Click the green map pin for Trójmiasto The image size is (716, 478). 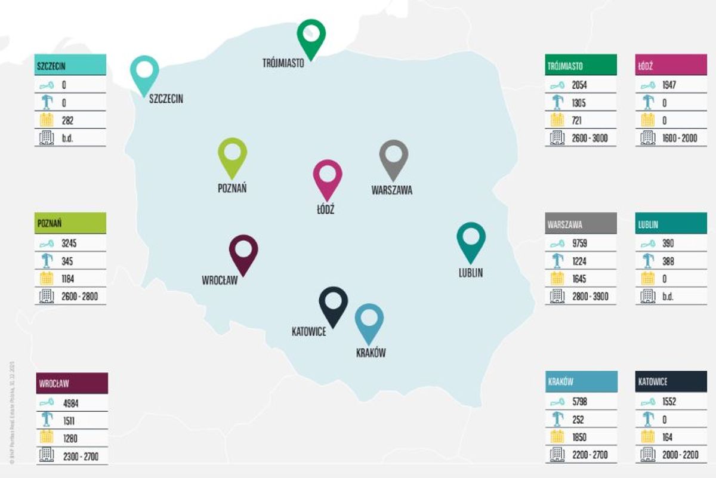coord(311,36)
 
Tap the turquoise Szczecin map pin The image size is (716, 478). coord(144,72)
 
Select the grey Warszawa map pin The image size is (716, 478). coord(393,157)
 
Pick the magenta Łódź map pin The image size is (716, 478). coord(328,176)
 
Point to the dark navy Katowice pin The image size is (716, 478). coord(333,303)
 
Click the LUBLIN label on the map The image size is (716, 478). coord(470,273)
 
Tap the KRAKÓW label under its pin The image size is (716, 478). coord(370,353)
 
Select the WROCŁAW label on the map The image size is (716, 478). coord(220,280)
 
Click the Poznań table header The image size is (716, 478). coord(70,223)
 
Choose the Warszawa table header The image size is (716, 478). coord(581,225)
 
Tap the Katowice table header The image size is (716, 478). coord(671,382)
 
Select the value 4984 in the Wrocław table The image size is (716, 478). coord(70,403)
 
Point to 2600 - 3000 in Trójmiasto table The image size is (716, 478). coord(589,138)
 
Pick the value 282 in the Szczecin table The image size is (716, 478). coord(68,120)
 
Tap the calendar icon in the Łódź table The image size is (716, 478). coord(647,121)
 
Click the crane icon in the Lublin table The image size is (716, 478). coord(647,261)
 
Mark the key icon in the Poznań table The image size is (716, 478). coord(46,243)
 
